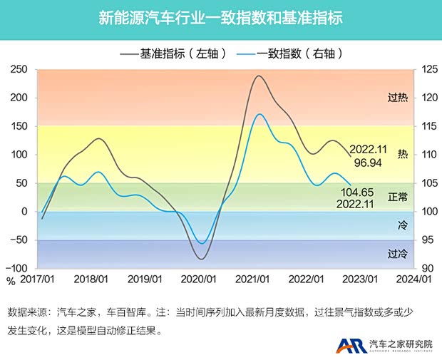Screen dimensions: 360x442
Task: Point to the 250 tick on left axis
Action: coord(19,69)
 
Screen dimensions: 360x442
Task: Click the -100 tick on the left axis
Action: coord(16,269)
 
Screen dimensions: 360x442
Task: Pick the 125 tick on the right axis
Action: coord(430,69)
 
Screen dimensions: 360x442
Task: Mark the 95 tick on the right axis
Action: coord(427,240)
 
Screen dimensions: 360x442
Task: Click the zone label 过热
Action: coord(397,98)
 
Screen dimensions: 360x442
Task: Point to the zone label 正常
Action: coord(397,196)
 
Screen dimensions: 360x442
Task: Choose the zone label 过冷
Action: coord(397,253)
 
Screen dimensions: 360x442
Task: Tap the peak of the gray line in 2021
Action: coord(258,76)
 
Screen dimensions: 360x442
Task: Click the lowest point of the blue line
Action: coord(202,244)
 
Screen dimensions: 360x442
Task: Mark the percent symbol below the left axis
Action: coord(11,281)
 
